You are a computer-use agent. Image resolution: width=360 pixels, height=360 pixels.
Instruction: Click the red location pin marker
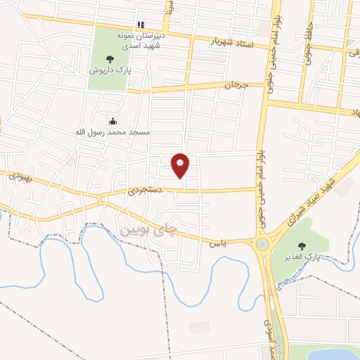181,165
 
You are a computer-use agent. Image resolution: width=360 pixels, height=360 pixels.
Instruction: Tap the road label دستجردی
146,190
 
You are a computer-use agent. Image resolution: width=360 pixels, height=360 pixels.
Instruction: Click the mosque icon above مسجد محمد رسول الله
112,121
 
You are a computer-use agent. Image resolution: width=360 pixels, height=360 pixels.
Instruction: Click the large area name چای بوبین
146,230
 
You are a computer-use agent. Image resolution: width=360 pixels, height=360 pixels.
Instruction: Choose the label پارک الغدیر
303,257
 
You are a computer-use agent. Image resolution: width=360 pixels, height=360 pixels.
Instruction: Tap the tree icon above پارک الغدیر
302,245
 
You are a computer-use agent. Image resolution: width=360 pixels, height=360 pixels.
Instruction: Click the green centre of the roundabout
263,245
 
